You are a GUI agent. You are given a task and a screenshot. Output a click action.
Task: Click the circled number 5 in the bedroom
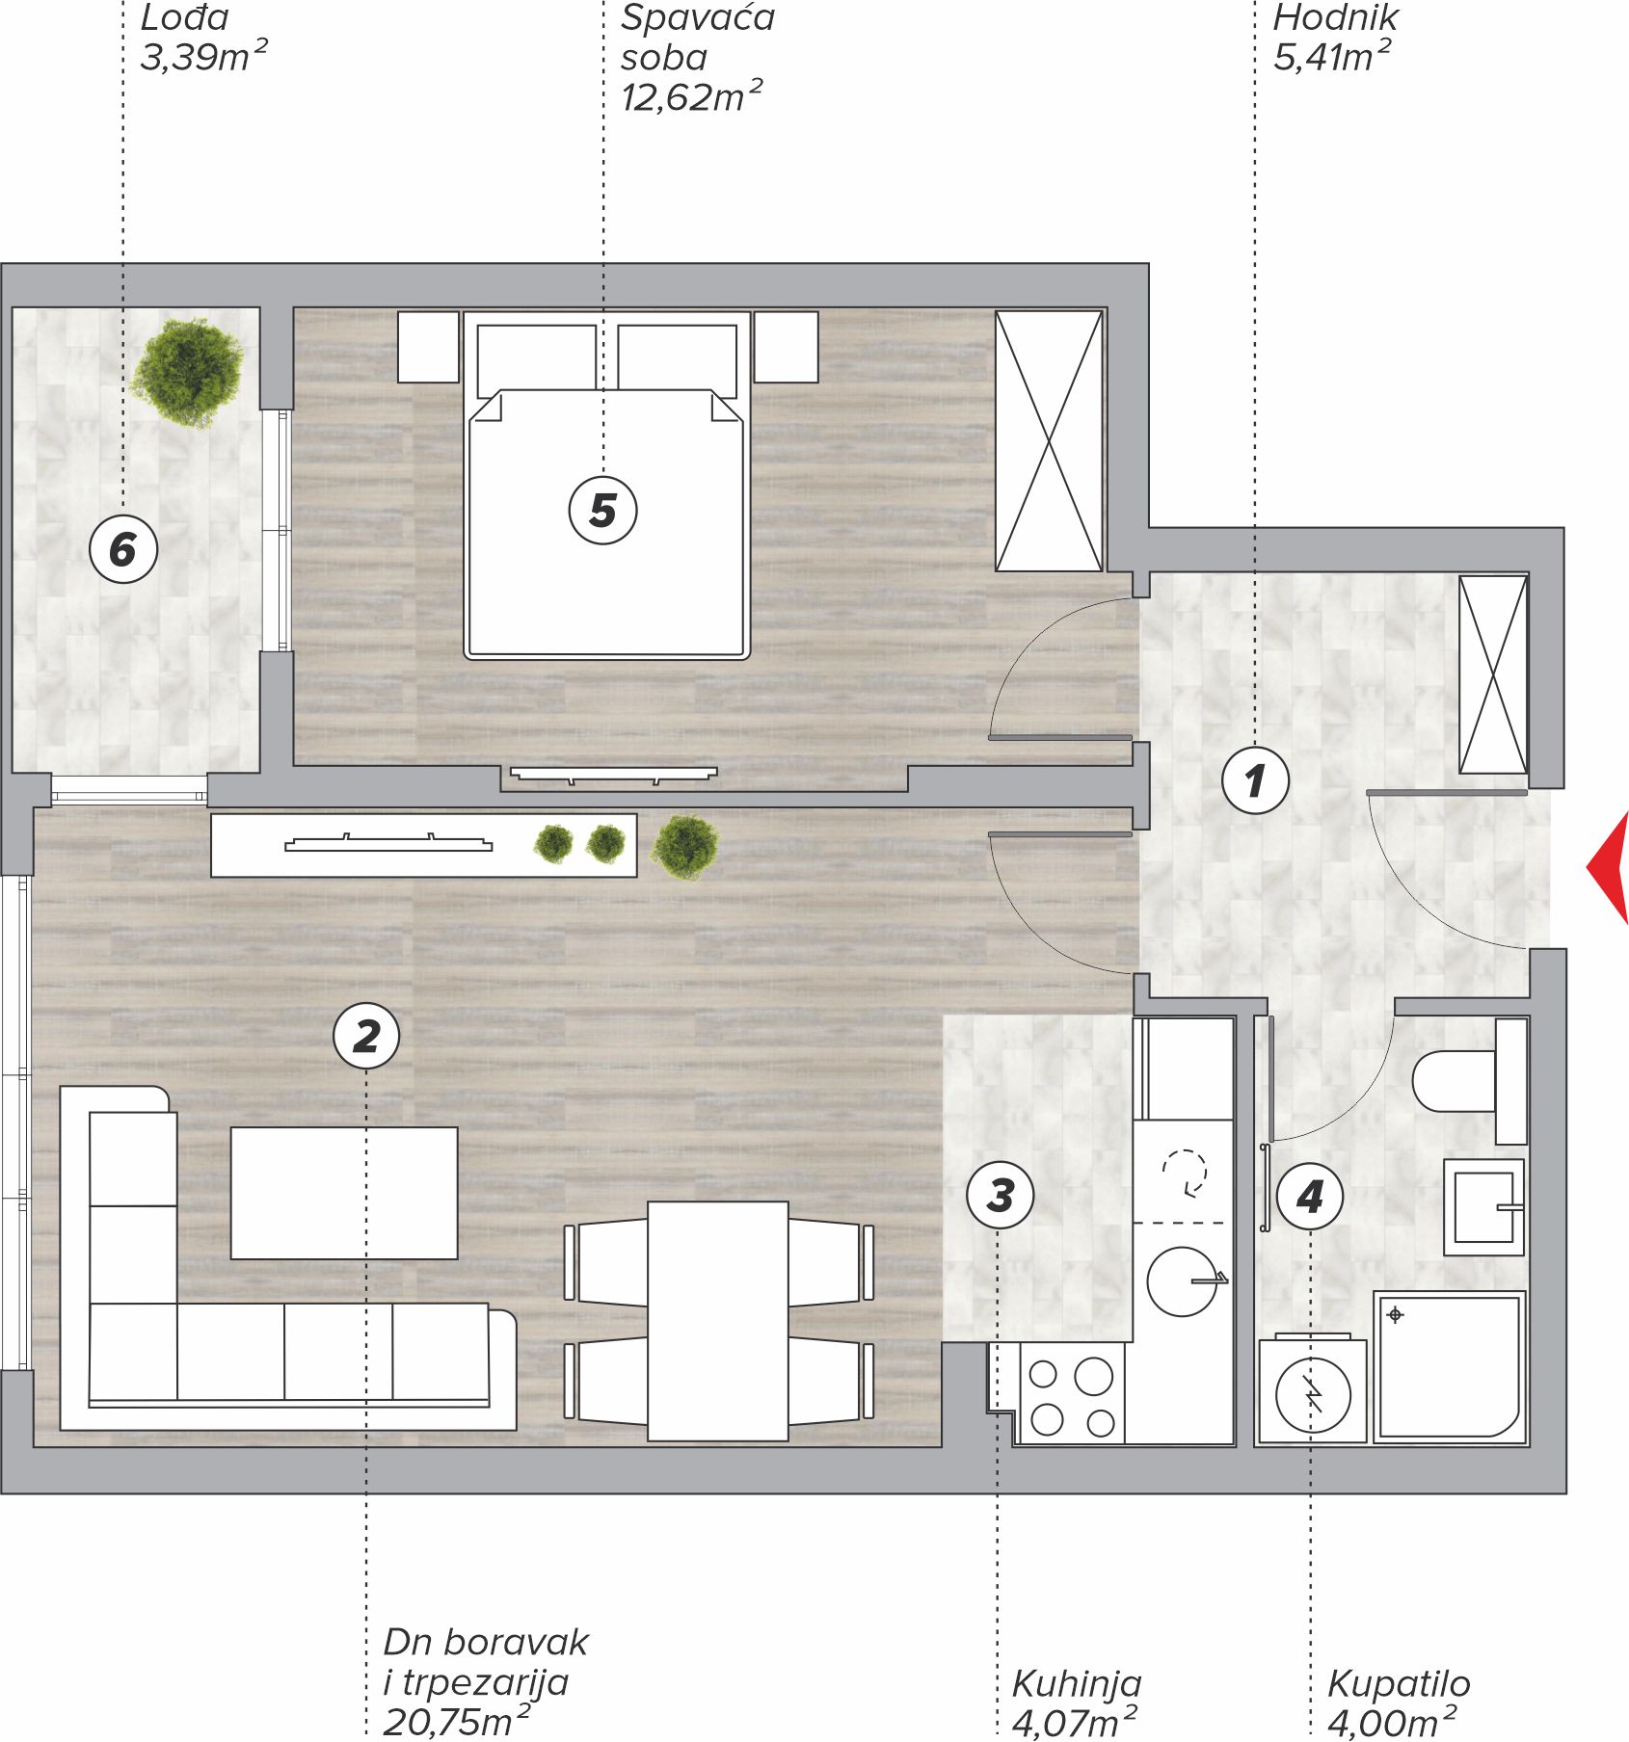602,510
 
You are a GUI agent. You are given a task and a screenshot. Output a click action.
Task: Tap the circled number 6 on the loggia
123,549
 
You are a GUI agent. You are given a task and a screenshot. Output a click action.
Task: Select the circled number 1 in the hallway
1255,779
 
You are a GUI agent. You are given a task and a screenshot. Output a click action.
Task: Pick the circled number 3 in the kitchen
1001,1195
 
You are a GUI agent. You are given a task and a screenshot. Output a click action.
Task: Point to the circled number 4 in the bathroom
1310,1196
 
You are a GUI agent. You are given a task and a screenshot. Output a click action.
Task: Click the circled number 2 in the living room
366,1036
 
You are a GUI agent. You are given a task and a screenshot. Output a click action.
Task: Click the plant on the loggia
187,372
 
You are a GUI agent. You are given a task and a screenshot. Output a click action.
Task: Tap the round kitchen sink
1183,1281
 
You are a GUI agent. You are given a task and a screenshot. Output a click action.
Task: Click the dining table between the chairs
718,1321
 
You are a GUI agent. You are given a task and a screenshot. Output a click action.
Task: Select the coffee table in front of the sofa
344,1193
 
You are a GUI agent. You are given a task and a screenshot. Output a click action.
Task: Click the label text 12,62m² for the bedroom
691,96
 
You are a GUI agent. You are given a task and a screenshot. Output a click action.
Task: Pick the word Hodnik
1335,17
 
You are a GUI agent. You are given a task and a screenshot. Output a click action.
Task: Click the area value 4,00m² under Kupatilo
1392,1723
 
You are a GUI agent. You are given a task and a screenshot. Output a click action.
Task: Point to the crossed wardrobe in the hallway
1493,674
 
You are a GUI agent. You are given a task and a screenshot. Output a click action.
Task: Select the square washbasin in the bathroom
1483,1206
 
